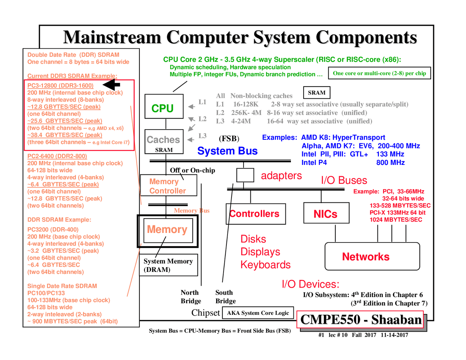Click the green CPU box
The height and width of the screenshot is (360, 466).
click(x=164, y=106)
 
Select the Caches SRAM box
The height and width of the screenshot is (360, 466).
click(x=164, y=142)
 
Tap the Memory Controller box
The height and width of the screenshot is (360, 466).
click(x=168, y=186)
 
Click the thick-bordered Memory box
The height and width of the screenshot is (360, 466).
click(x=167, y=231)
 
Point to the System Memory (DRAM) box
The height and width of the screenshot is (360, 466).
click(x=168, y=265)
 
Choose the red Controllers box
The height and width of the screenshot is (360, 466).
click(x=256, y=214)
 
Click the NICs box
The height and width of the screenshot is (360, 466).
click(x=326, y=213)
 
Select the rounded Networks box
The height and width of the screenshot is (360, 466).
click(x=372, y=257)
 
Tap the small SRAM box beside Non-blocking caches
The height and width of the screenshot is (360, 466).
click(x=316, y=92)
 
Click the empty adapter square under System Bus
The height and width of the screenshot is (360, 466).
click(x=245, y=175)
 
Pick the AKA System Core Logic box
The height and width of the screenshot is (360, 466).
click(x=258, y=313)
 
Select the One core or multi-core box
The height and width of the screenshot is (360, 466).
click(x=379, y=73)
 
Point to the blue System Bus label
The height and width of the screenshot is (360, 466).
click(x=227, y=151)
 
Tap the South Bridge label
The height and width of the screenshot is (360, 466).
click(x=225, y=297)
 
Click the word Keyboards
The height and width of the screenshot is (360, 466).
click(x=265, y=265)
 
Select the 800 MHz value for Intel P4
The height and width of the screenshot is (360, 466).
click(x=390, y=162)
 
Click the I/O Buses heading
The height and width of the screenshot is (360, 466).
click(x=344, y=180)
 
